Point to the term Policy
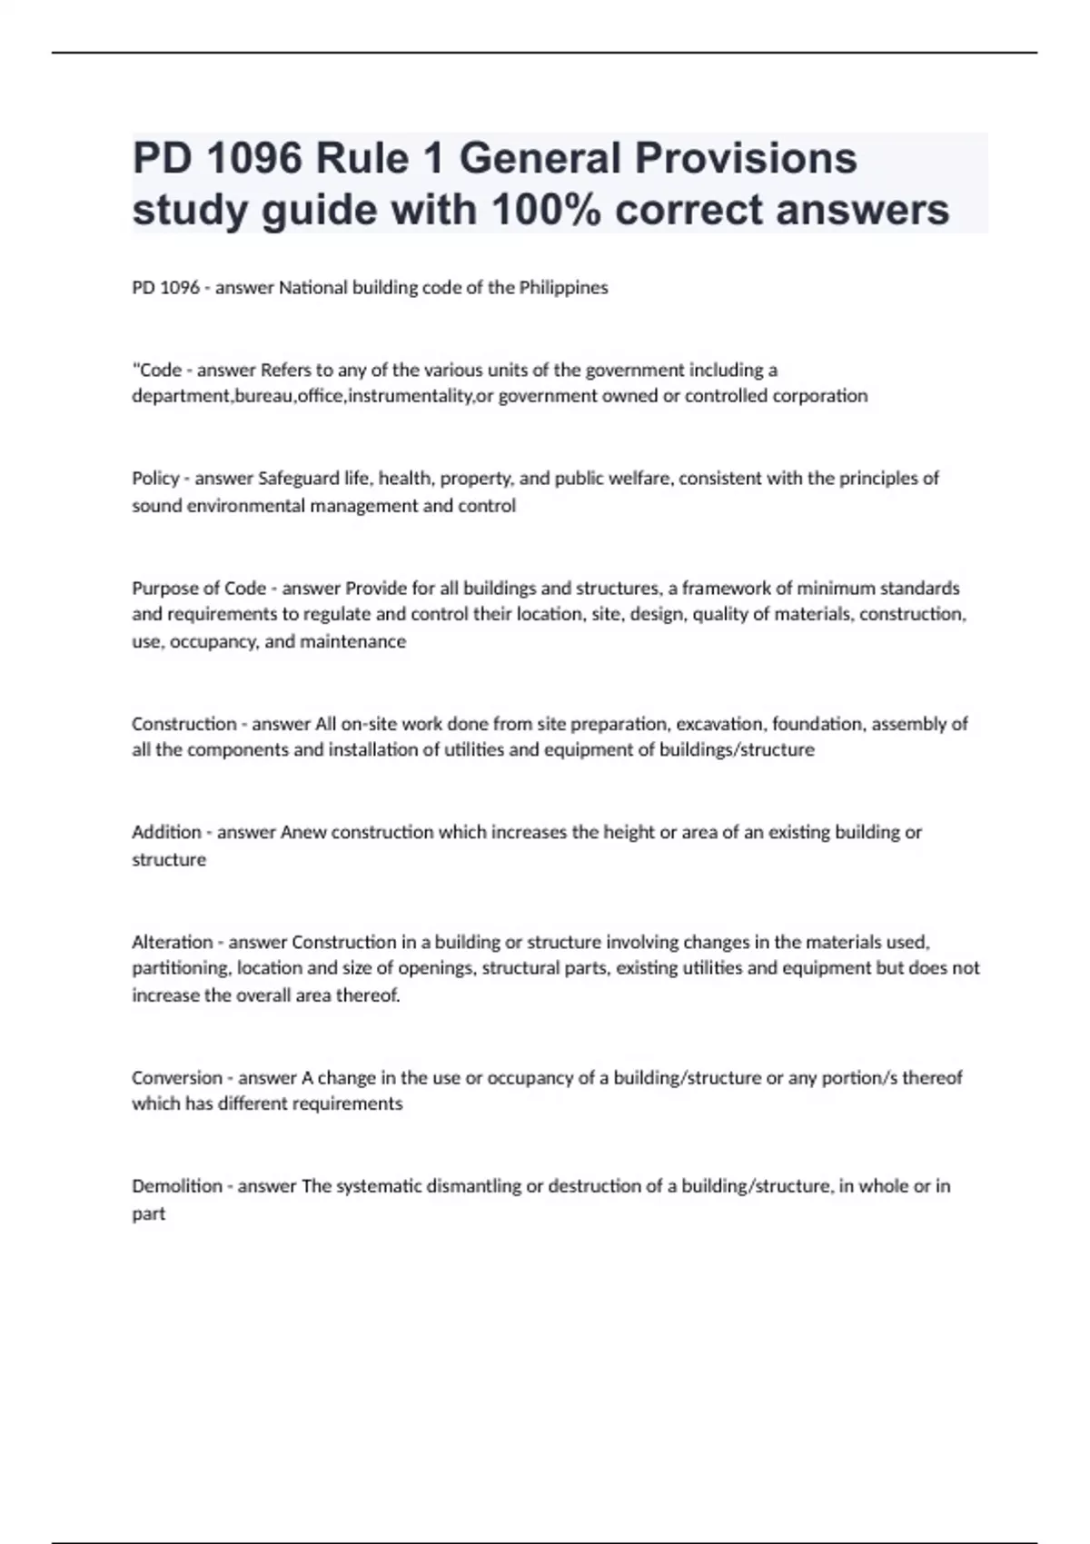(155, 479)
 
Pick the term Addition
(166, 832)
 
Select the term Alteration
(173, 942)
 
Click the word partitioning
(180, 968)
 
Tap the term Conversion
(177, 1078)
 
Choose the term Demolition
(177, 1186)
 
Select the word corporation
(819, 396)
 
